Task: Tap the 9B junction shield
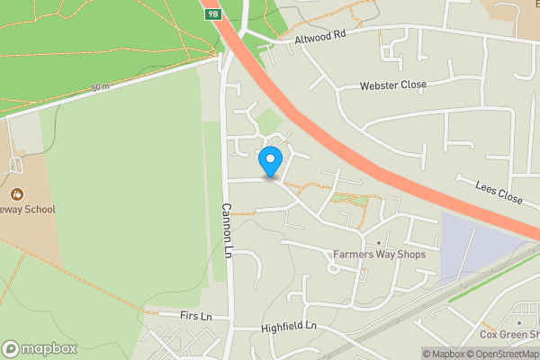pyautogui.click(x=212, y=14)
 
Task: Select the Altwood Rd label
pyautogui.click(x=321, y=38)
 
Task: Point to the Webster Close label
pyautogui.click(x=392, y=85)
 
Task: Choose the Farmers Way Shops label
pyautogui.click(x=378, y=255)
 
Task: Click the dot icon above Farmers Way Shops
pyautogui.click(x=379, y=243)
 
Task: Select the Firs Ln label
pyautogui.click(x=194, y=317)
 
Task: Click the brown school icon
pyautogui.click(x=16, y=193)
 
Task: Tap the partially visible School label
pyautogui.click(x=28, y=210)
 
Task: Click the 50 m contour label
pyautogui.click(x=98, y=86)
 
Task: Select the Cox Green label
pyautogui.click(x=508, y=334)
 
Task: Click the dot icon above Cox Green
pyautogui.click(x=519, y=321)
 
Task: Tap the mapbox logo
pyautogui.click(x=40, y=348)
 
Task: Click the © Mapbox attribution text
pyautogui.click(x=444, y=354)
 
